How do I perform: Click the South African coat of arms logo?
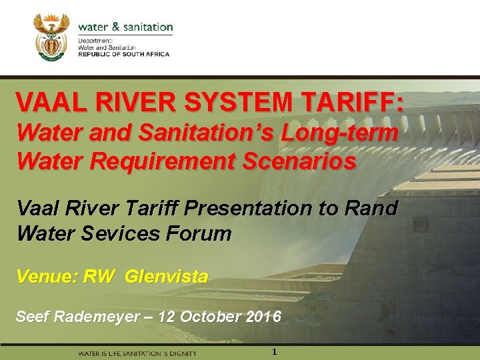pyautogui.click(x=51, y=37)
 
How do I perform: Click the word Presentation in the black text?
pyautogui.click(x=253, y=208)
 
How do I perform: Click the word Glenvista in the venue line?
pyautogui.click(x=166, y=275)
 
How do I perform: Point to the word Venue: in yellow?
pyautogui.click(x=46, y=275)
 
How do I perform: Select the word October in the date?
pyautogui.click(x=204, y=315)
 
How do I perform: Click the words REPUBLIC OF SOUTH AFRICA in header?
pyautogui.click(x=123, y=54)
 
